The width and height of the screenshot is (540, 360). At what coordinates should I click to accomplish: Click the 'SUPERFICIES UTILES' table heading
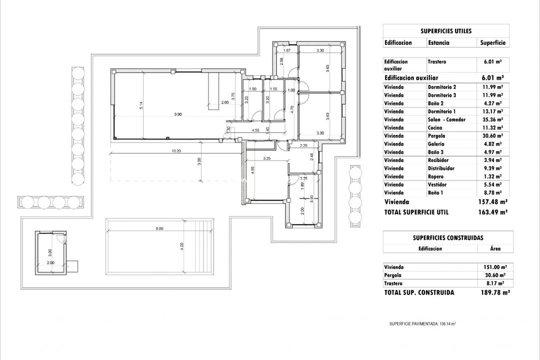(446, 30)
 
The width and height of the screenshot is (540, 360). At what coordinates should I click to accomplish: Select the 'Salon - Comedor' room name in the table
(446, 119)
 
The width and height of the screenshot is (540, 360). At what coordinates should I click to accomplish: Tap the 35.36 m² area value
(493, 119)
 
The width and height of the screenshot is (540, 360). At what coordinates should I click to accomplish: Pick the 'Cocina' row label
(435, 127)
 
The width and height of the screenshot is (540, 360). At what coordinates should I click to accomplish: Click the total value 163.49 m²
(493, 212)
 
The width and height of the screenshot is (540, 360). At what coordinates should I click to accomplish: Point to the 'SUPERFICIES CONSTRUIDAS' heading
(448, 238)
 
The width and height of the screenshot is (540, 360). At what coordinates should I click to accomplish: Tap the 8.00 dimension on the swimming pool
(159, 228)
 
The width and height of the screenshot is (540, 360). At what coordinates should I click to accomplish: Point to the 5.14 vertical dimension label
(141, 105)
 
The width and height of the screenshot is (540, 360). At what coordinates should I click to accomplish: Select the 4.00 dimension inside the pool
(182, 245)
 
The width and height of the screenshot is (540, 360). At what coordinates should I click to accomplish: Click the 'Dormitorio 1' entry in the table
(442, 111)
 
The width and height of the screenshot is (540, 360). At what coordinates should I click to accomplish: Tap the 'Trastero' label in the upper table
(437, 62)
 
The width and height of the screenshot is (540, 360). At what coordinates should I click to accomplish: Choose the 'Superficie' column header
(493, 43)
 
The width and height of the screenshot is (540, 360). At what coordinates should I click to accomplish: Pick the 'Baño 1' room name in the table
(435, 192)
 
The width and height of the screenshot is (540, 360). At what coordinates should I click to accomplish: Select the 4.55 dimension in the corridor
(255, 130)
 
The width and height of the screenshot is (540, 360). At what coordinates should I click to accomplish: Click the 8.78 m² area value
(493, 192)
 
